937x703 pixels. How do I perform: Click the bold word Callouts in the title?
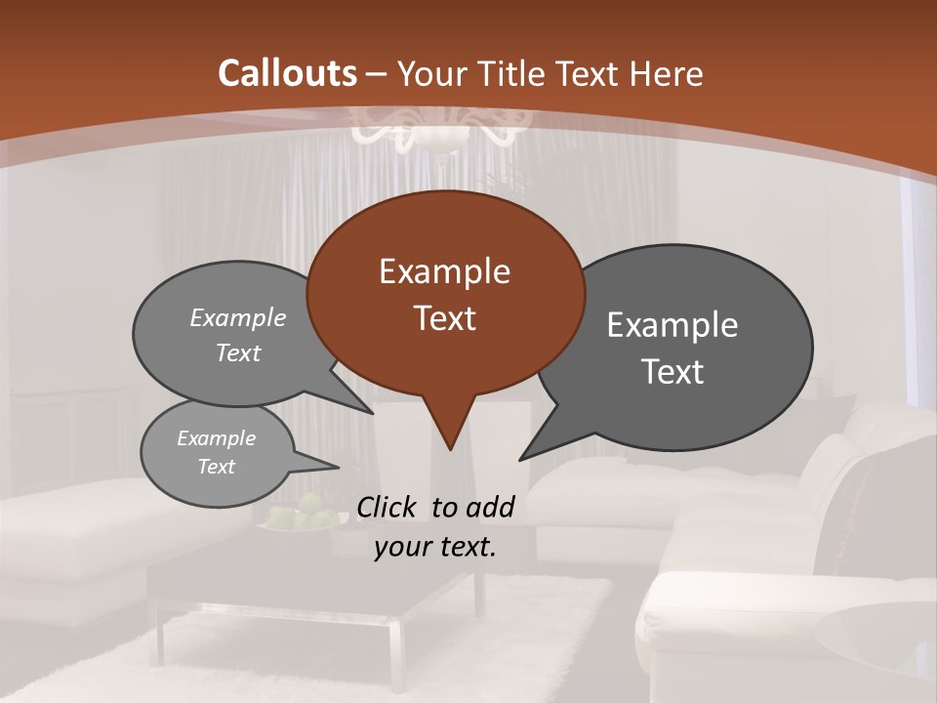(287, 73)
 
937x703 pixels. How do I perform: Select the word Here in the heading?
(666, 73)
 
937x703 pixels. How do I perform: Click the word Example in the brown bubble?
(444, 271)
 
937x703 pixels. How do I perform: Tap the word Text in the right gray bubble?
(672, 372)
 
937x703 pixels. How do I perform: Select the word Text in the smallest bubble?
(217, 467)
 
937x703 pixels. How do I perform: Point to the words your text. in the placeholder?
(435, 548)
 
